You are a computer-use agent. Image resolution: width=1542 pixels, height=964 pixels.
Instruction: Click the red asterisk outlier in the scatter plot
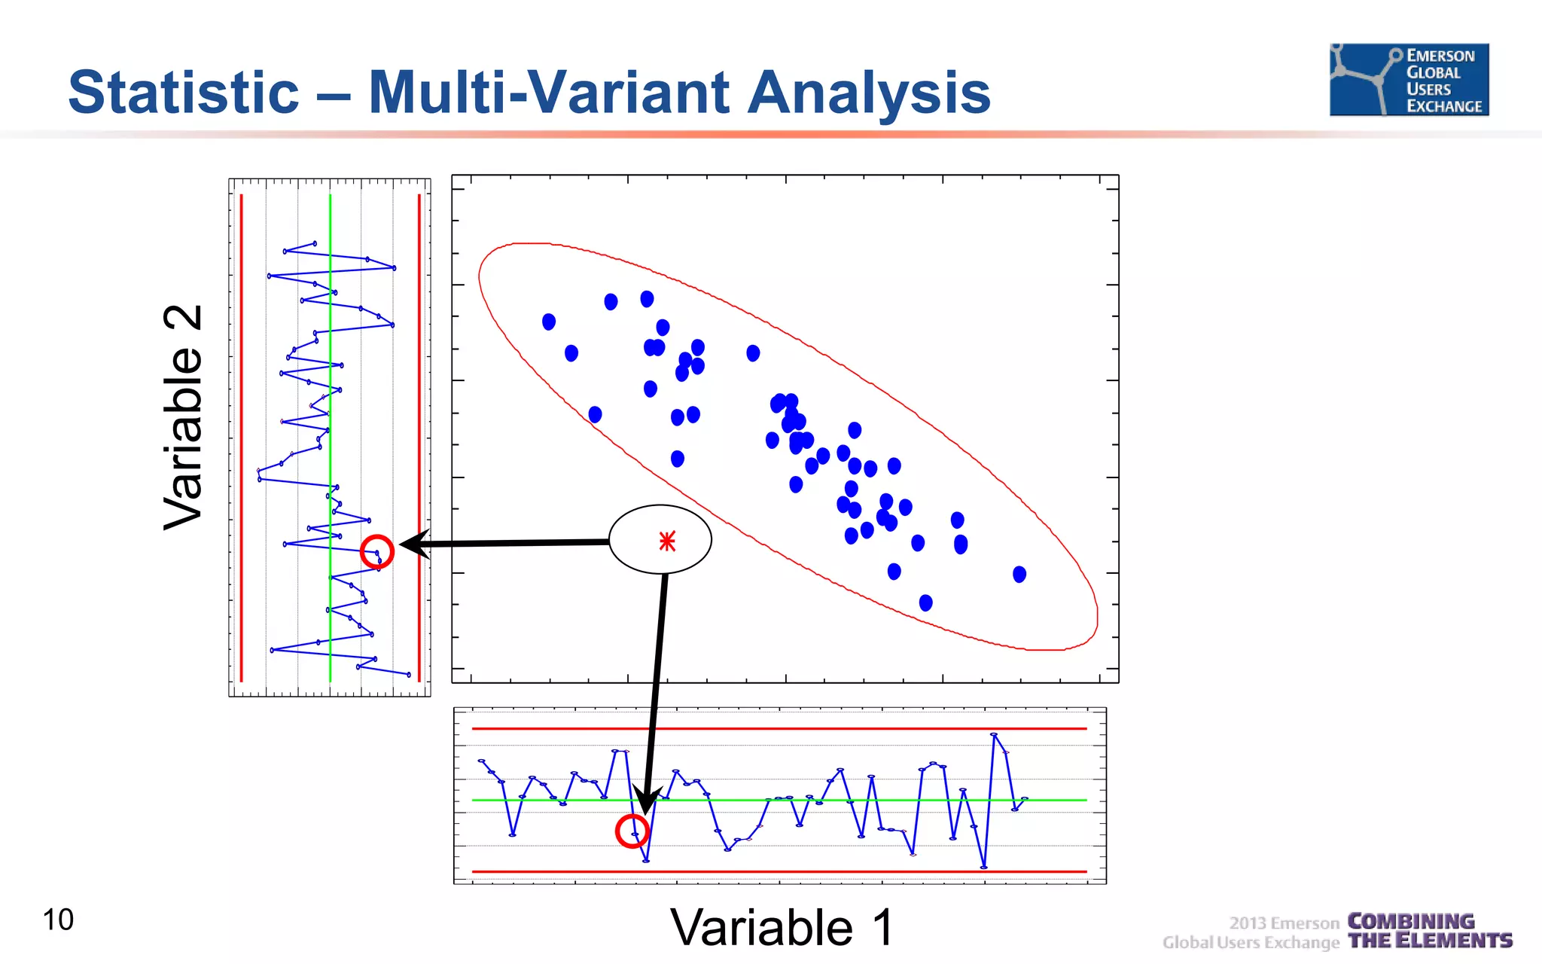[x=667, y=541]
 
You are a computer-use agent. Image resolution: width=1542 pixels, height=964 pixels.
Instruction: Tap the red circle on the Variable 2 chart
[x=376, y=552]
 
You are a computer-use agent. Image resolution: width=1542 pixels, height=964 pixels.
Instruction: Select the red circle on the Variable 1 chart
[x=632, y=831]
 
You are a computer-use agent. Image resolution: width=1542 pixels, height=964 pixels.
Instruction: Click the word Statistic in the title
[x=184, y=93]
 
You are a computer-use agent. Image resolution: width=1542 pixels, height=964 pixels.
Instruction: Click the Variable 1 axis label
[x=782, y=927]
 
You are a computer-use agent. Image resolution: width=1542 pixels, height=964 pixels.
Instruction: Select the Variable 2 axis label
[x=183, y=418]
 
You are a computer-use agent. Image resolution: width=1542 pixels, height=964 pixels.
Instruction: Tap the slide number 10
[x=58, y=920]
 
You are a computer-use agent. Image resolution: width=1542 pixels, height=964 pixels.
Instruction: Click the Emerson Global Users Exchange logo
[x=1409, y=80]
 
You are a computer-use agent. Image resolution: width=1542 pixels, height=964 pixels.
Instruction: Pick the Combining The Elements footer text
[x=1429, y=931]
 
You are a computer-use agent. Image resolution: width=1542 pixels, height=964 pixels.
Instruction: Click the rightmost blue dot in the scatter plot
[x=1019, y=575]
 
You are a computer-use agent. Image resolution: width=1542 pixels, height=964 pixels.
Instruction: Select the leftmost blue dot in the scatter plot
[x=549, y=322]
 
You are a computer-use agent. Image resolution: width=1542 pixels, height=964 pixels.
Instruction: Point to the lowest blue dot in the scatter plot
[x=926, y=602]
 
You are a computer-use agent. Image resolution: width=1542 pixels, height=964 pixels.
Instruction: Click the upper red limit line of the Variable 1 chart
[x=779, y=729]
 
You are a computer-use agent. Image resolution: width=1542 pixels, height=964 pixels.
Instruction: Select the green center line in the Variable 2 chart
[x=330, y=437]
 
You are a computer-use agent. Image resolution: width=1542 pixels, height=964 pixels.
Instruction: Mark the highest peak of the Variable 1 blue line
[x=994, y=734]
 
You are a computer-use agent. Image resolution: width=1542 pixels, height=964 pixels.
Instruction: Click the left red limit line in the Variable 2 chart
[x=242, y=437]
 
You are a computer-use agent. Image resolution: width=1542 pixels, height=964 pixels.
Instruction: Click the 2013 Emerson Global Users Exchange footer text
[x=1251, y=932]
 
